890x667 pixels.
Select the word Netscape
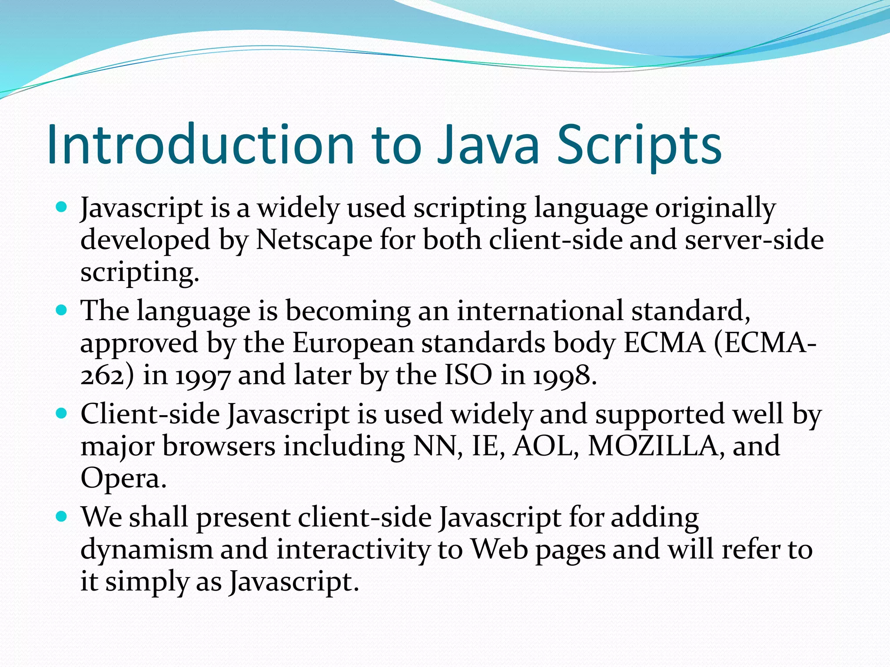click(x=314, y=240)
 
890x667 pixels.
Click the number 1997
click(x=202, y=376)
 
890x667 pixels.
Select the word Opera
click(x=123, y=479)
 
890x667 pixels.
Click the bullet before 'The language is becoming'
click(x=62, y=310)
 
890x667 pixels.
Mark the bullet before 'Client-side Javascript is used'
click(x=62, y=413)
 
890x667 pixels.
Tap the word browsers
click(x=219, y=446)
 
